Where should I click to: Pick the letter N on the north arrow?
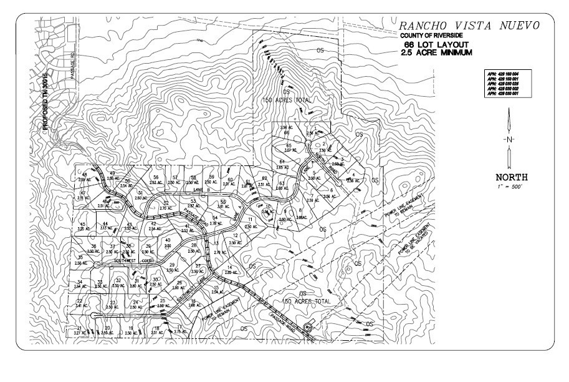(509, 139)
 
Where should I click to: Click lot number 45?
(82, 224)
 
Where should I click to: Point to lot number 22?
(80, 300)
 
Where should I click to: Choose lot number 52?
(166, 203)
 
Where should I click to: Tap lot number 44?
(105, 223)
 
